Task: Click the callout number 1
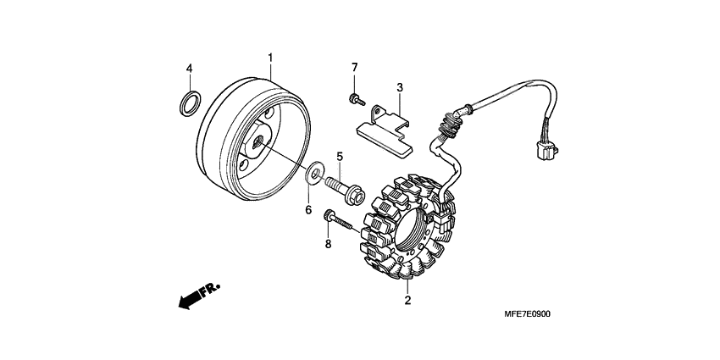[270, 58]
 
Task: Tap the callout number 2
[407, 300]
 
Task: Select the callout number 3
[399, 87]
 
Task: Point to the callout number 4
[190, 68]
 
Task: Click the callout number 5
[339, 157]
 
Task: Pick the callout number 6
[308, 208]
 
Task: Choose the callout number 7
[355, 67]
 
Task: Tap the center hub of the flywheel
[257, 146]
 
